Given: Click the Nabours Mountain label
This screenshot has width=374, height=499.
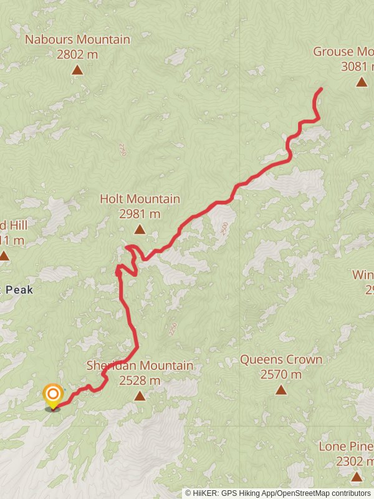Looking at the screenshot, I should tap(77, 40).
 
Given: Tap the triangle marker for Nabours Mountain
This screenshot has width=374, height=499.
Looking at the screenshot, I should tap(77, 70).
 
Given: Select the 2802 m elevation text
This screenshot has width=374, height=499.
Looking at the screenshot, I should tap(77, 54).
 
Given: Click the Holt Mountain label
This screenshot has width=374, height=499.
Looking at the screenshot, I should tap(140, 199).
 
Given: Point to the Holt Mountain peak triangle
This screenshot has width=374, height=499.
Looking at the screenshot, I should tap(140, 230).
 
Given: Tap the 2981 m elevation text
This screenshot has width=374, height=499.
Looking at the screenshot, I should tap(140, 214).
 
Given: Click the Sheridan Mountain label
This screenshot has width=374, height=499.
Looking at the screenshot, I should tap(140, 366).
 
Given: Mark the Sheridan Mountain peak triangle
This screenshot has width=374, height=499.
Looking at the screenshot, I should tap(140, 395).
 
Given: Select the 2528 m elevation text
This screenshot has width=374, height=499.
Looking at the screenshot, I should tap(140, 380).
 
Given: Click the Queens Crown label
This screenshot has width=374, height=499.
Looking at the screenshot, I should tap(281, 360).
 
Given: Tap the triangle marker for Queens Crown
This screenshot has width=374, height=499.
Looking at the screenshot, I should tap(281, 390).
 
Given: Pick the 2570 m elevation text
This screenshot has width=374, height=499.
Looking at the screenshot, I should tap(281, 374).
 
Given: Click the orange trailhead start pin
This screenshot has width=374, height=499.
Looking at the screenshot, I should tap(53, 395).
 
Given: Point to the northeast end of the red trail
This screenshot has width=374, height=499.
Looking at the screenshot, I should tap(321, 89).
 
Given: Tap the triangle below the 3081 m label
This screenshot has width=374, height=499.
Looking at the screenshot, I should tap(362, 82).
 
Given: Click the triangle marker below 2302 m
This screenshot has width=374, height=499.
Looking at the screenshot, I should tap(356, 477).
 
